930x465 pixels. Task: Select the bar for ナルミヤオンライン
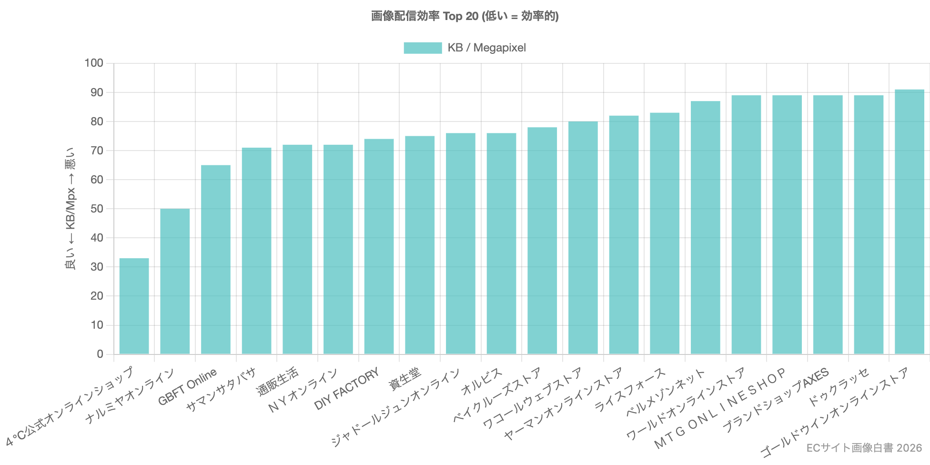(175, 281)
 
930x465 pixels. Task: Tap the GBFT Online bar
(215, 259)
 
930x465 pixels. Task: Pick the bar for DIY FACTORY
(379, 246)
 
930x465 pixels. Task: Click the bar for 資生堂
(420, 245)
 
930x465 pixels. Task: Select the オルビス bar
(501, 243)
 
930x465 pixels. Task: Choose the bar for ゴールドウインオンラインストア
(909, 222)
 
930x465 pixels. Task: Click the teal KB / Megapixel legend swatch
(423, 48)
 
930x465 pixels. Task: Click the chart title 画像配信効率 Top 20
(465, 16)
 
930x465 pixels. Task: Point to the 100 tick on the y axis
(94, 63)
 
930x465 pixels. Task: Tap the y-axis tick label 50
(97, 209)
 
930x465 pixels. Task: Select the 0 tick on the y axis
(100, 354)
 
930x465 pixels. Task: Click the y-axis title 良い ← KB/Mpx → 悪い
(70, 209)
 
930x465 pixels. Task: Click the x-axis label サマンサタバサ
(221, 390)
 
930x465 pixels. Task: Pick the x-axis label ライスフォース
(629, 390)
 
